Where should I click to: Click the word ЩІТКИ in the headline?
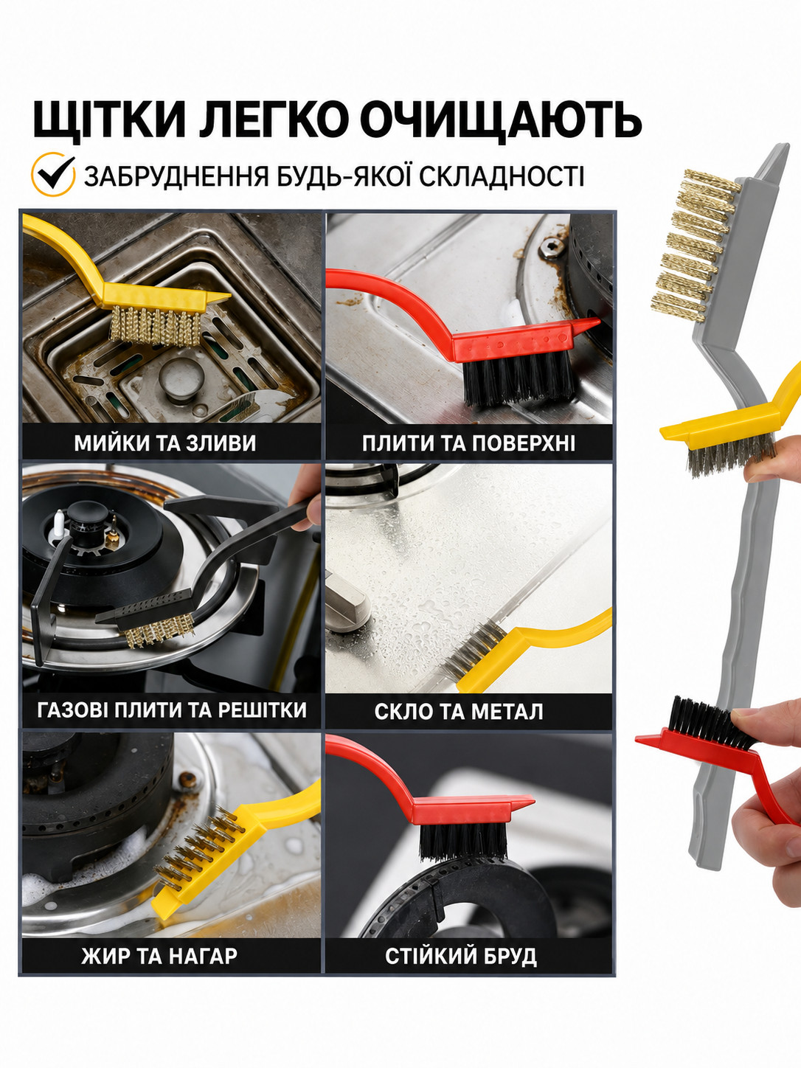coord(110,120)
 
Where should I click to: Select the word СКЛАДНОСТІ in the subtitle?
coord(502,176)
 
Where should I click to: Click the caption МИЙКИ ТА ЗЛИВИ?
coord(165,443)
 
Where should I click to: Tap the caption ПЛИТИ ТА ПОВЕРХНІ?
coord(468,443)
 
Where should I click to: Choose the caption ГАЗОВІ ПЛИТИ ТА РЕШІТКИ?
coord(172,710)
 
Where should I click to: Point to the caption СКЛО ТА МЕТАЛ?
coord(459,711)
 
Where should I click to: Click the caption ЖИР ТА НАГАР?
coord(160,956)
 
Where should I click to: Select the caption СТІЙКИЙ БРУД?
coord(461,956)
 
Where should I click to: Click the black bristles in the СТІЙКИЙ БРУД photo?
coord(462,842)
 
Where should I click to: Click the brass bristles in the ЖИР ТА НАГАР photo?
coord(197,843)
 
